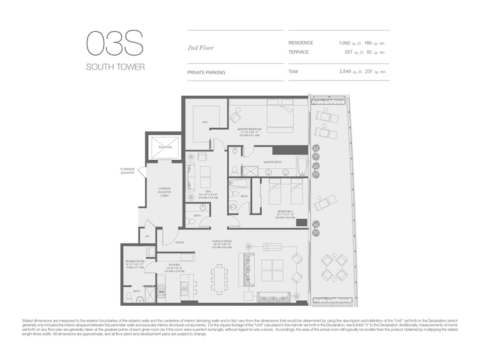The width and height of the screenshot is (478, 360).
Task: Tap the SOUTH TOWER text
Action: [115, 67]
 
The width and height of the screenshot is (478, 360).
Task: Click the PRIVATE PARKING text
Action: [207, 72]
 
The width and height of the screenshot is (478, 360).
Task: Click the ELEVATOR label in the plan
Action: [164, 147]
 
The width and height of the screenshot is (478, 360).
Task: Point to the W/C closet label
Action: [206, 122]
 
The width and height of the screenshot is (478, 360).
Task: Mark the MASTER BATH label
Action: [273, 163]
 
